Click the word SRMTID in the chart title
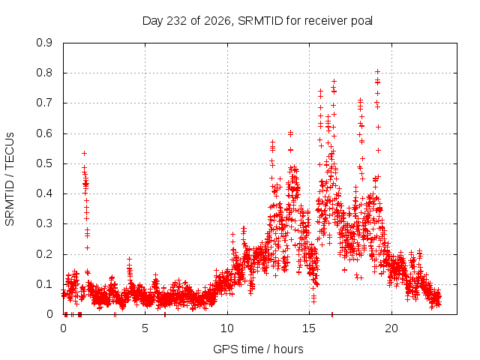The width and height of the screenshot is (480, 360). [x=260, y=21]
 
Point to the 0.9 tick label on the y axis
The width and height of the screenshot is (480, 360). [x=44, y=43]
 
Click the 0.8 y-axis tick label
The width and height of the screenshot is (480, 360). [x=44, y=73]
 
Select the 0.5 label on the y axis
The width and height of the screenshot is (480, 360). [x=44, y=163]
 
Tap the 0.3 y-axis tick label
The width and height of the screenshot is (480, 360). [x=44, y=223]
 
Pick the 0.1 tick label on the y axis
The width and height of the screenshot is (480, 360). [x=44, y=284]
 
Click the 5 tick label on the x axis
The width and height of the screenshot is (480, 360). [x=145, y=328]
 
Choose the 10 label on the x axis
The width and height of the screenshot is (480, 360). [x=227, y=328]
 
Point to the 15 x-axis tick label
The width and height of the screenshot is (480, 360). [x=309, y=328]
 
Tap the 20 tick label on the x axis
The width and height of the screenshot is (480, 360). [x=391, y=328]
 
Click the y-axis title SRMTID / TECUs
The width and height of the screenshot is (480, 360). [x=10, y=179]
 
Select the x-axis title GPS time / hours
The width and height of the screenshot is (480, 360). [x=258, y=349]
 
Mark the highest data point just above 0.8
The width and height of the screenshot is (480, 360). [x=377, y=72]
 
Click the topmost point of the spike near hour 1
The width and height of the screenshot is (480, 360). [x=85, y=153]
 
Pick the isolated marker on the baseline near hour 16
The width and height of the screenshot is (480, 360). [x=332, y=314]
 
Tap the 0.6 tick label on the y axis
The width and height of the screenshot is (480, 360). [x=44, y=133]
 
